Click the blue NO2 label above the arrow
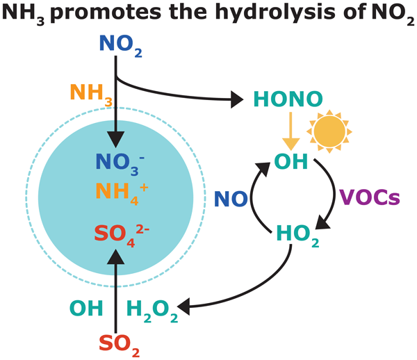click(x=119, y=45)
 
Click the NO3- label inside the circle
click(x=116, y=161)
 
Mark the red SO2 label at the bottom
click(x=117, y=343)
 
